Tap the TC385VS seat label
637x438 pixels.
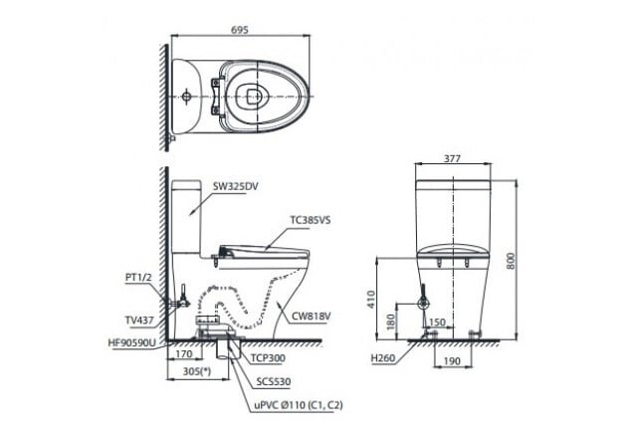[x=311, y=222]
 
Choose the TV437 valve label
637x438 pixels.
[x=139, y=321]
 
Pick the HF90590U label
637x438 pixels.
[x=132, y=340]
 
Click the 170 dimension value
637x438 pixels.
[x=182, y=351]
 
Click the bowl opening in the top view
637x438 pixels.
[x=253, y=96]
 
